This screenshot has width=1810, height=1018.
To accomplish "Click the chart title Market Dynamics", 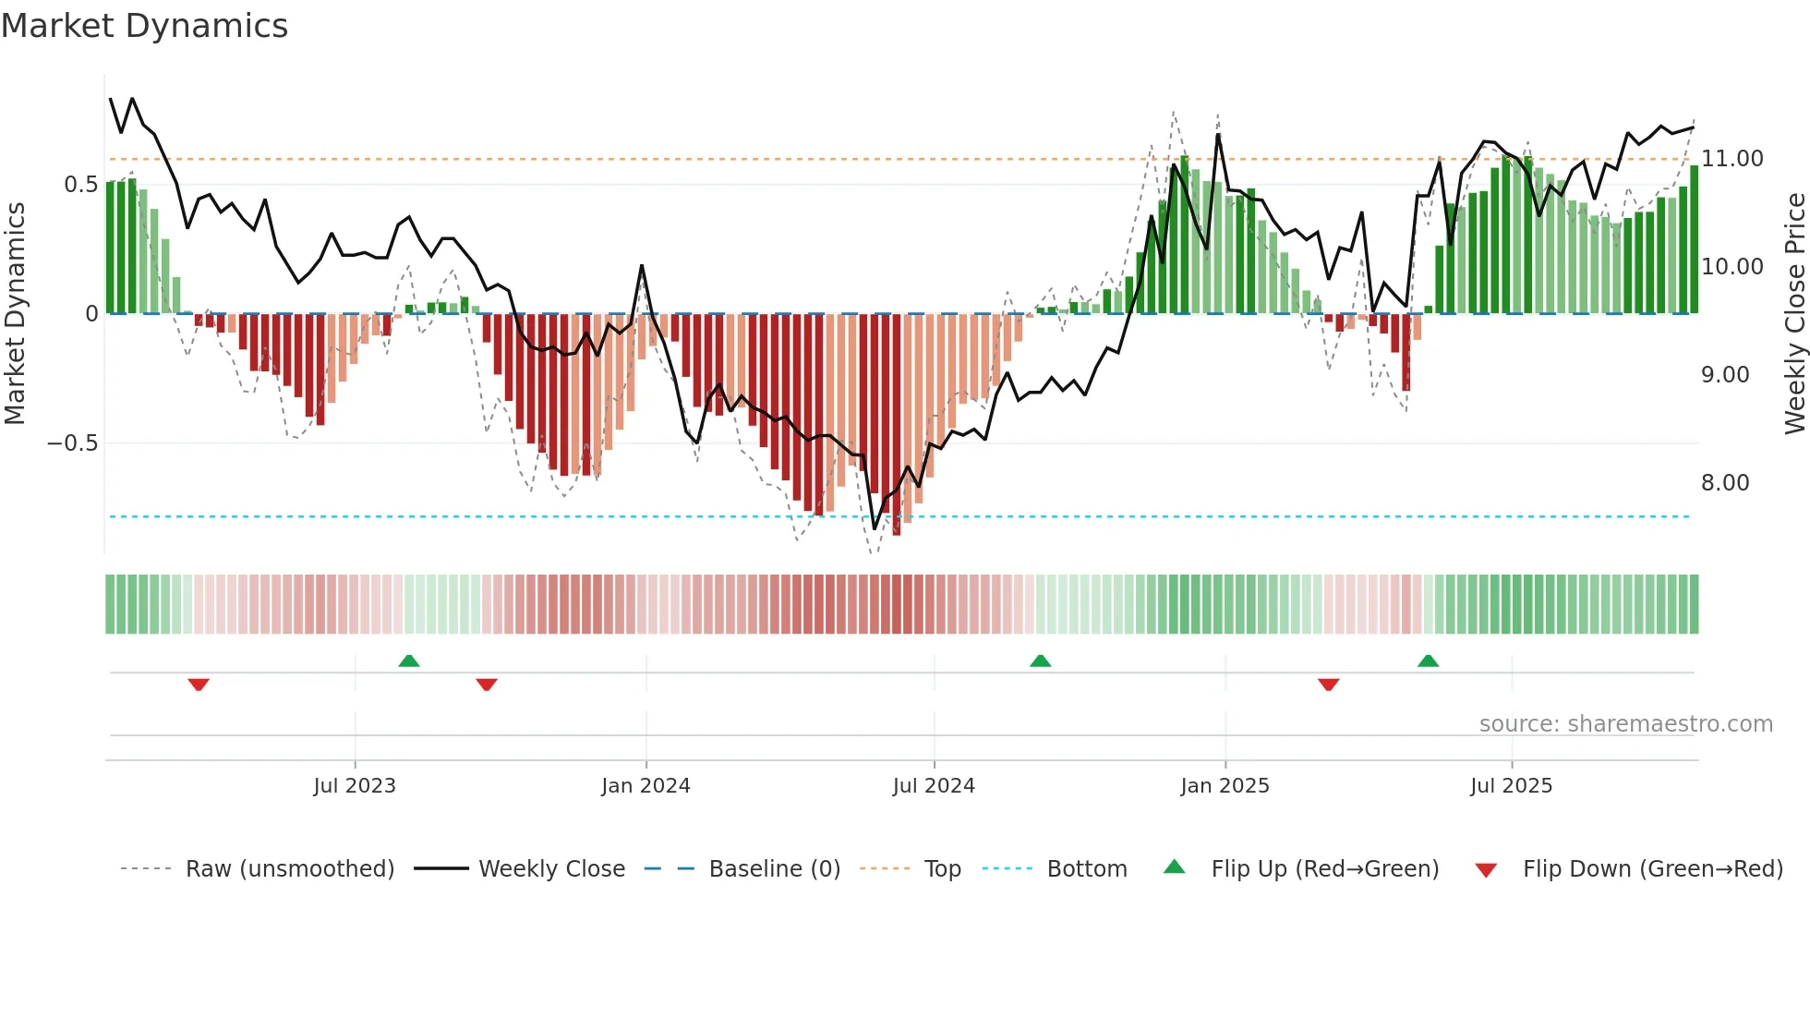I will [x=144, y=26].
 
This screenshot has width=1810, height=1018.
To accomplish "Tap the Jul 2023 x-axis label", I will [x=355, y=786].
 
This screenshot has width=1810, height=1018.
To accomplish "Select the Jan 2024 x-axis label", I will [x=646, y=786].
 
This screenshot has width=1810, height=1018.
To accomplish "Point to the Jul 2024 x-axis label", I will [x=934, y=786].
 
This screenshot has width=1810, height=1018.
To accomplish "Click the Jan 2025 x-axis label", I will [x=1225, y=786].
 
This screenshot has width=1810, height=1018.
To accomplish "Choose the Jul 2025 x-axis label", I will [x=1511, y=786].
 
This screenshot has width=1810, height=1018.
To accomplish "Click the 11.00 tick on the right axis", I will [x=1732, y=159].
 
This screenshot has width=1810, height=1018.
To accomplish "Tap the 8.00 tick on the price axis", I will [x=1725, y=483].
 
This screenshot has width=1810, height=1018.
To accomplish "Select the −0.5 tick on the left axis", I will [x=72, y=443].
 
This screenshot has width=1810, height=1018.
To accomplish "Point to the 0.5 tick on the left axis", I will [x=80, y=185].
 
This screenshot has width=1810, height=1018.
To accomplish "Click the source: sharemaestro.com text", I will [x=1625, y=724].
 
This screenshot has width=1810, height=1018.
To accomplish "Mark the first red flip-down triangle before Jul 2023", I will [x=199, y=685].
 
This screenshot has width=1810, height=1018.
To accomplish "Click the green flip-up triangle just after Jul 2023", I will [x=409, y=660].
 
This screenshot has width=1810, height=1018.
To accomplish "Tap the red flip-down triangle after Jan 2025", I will [x=1329, y=685].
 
